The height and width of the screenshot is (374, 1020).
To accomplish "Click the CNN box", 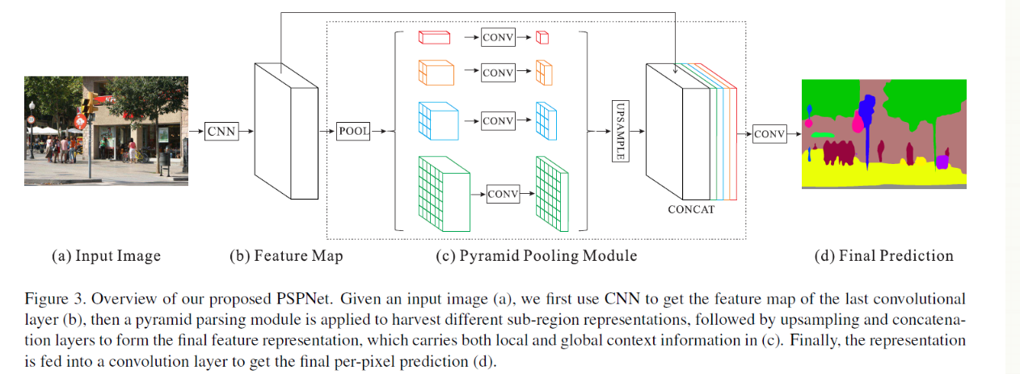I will coord(222,129).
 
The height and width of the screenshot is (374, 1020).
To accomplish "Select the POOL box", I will coord(353,130).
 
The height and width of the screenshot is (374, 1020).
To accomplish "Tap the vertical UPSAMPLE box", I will coord(620,131).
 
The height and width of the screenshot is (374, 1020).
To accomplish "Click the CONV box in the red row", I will coord(498,37).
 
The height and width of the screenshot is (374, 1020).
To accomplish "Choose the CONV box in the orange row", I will coord(498,73).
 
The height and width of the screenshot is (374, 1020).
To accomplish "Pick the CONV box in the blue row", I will coord(498,120).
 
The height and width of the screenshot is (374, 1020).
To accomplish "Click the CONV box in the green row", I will coord(503,194).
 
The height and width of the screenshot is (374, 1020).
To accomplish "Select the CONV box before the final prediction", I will coord(769,134).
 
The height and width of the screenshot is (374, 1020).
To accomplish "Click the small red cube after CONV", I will coord(543,37).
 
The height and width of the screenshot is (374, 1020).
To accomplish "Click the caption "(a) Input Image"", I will coord(106,256).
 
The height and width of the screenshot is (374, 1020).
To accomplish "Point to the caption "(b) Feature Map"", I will coord(286,256).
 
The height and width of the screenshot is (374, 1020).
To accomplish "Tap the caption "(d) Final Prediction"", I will coord(883,256).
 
